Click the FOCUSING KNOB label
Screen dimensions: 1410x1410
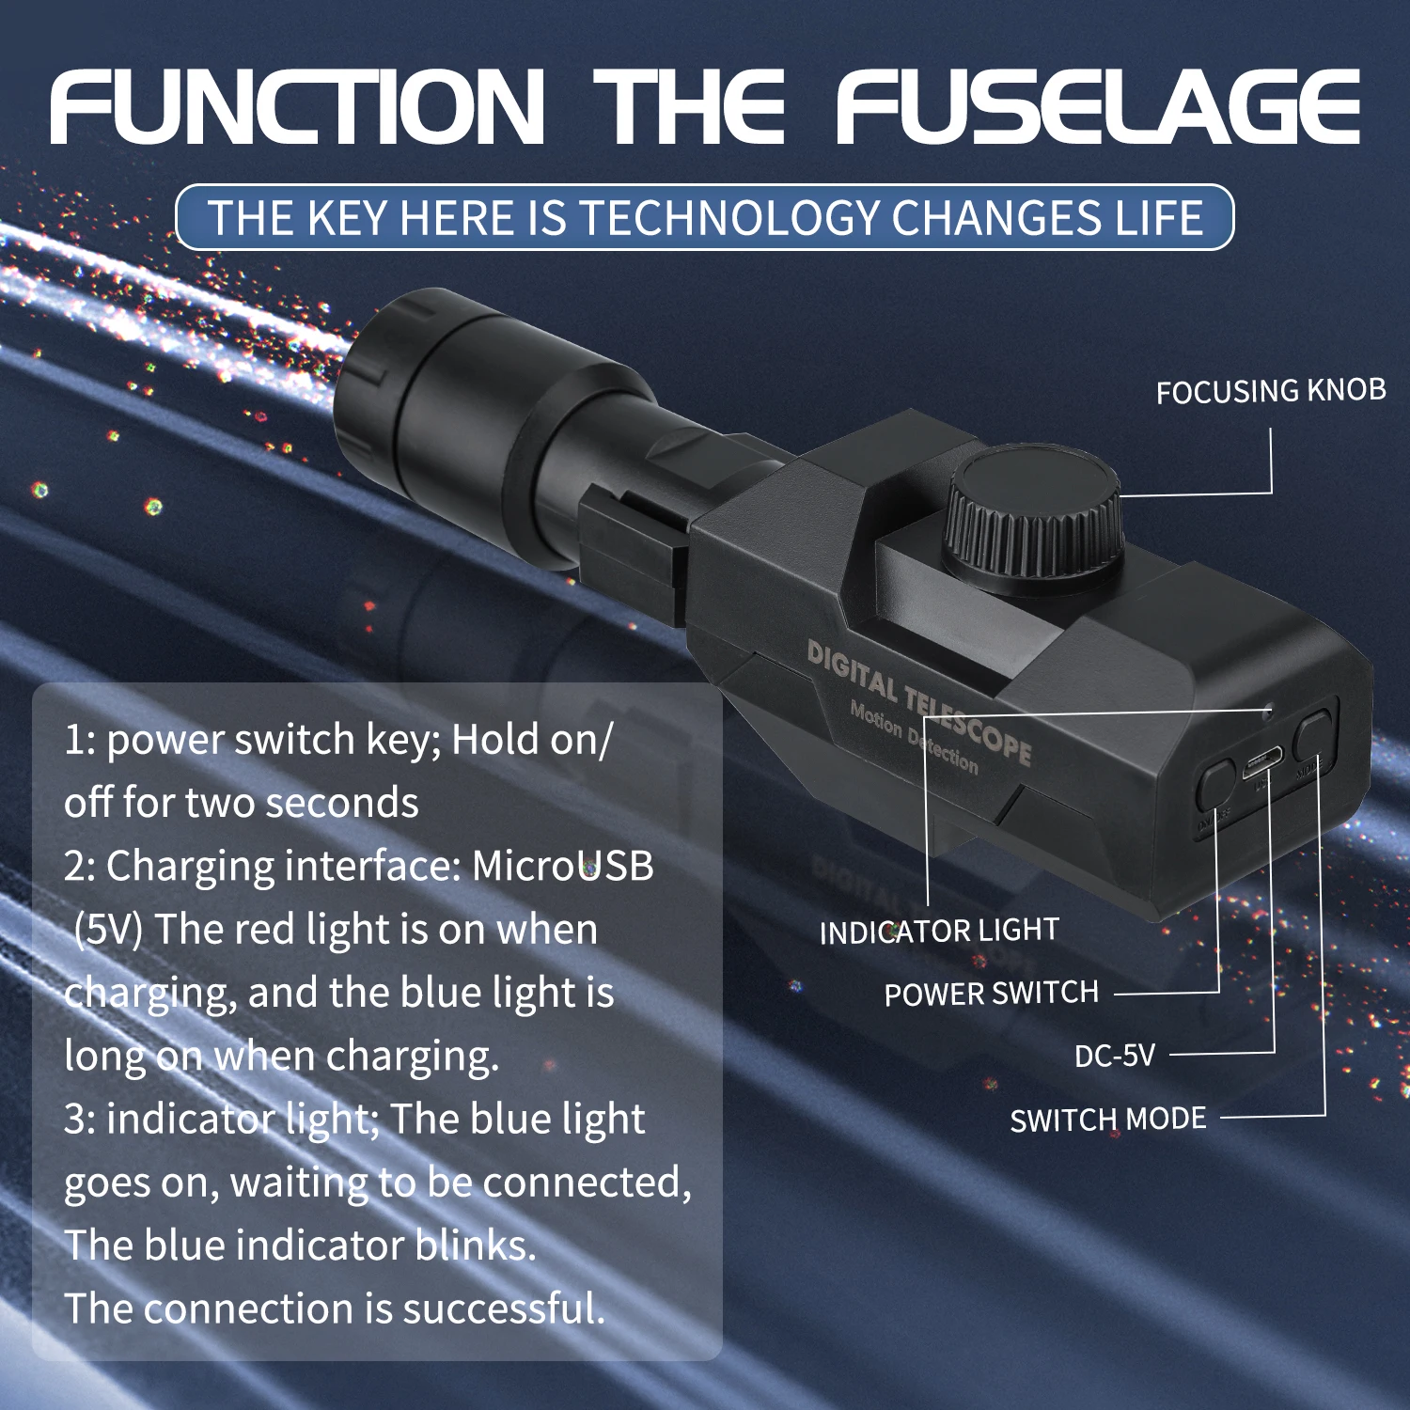[1271, 391]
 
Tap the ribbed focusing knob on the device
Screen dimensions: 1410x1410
[1034, 515]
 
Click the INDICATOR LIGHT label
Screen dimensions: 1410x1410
[939, 932]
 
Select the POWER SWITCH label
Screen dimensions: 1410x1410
[991, 994]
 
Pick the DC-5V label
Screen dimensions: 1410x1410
[1115, 1056]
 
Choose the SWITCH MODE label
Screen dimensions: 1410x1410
[1108, 1120]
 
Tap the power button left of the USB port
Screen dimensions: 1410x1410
[1215, 785]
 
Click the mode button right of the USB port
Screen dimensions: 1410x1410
[1314, 735]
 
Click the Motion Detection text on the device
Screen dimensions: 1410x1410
[914, 738]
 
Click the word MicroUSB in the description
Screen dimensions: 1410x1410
[562, 866]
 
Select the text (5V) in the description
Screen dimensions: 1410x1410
[108, 930]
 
